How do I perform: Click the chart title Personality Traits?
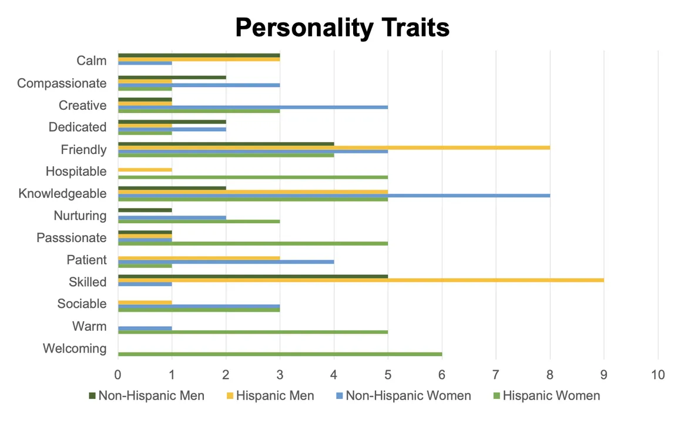tap(343, 28)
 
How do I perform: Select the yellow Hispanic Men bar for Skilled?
tap(361, 280)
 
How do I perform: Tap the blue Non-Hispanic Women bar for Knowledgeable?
tap(334, 196)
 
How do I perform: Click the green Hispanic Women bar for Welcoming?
tap(280, 354)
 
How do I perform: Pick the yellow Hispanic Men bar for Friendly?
tap(334, 147)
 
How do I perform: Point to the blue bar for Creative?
tap(253, 108)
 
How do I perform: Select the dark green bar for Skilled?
tap(253, 276)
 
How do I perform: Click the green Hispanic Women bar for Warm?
tap(253, 332)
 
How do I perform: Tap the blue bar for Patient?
tap(226, 262)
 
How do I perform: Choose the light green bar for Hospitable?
tap(253, 177)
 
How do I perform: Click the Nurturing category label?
tap(80, 216)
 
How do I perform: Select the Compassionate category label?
tap(62, 83)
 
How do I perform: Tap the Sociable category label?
tap(82, 304)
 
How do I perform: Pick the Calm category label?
tap(92, 61)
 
